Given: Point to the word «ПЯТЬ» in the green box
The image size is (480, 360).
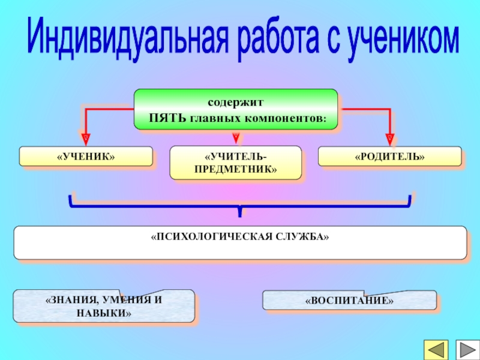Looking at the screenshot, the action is click(x=169, y=118).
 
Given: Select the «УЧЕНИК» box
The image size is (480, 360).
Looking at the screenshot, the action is click(x=86, y=156).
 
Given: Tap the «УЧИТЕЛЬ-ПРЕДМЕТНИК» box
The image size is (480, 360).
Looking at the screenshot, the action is click(x=236, y=163).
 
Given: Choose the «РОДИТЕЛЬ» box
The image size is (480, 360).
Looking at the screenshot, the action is click(x=389, y=156).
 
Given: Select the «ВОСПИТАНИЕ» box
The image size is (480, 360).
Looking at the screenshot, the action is click(x=349, y=300).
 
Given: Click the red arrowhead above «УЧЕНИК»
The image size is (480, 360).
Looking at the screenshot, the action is click(x=86, y=139).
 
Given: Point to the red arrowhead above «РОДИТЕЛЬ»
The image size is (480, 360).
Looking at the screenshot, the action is click(x=390, y=139).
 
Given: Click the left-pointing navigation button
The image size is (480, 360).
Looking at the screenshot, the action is click(x=436, y=350).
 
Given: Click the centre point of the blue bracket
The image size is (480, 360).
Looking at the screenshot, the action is click(x=240, y=209).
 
